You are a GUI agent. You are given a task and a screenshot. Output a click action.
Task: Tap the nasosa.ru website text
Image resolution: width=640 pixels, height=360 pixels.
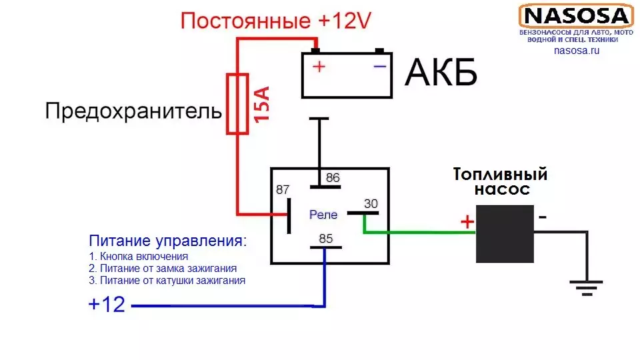[577, 51]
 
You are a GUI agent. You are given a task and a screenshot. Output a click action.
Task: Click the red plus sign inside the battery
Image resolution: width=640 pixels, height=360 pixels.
[320, 67]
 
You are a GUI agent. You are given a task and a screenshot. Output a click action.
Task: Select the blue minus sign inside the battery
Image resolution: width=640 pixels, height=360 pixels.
[379, 66]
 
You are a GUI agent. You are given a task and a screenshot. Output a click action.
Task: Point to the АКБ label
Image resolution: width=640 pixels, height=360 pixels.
[441, 73]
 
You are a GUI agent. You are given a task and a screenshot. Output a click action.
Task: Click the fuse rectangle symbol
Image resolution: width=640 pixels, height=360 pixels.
[238, 104]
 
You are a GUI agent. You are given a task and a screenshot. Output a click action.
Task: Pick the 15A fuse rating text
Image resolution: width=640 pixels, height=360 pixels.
[262, 104]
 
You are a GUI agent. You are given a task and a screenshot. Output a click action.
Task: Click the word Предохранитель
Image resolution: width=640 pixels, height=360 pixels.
[133, 111]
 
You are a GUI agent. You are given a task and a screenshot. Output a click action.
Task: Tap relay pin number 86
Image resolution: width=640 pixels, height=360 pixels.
[332, 177]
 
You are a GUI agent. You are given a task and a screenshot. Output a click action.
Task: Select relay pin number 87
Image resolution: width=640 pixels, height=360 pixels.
[283, 190]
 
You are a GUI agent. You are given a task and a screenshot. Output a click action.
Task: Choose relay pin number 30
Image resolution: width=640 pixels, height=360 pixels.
[371, 203]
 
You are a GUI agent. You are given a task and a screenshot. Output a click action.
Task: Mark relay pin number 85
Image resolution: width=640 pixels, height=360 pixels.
[326, 237]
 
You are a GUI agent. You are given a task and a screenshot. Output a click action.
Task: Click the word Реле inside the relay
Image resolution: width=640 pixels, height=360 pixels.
[323, 215]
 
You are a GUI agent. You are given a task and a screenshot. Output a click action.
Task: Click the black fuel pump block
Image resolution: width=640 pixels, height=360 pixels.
[504, 233]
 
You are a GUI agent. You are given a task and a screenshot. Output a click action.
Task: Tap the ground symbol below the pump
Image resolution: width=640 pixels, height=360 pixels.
[585, 287]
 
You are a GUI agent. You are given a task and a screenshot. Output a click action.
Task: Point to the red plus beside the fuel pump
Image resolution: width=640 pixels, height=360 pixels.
[467, 221]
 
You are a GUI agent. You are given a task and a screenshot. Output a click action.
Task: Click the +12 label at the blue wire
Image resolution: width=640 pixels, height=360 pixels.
[107, 305]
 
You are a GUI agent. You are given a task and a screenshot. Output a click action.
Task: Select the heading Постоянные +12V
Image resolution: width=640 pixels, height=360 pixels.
[275, 21]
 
